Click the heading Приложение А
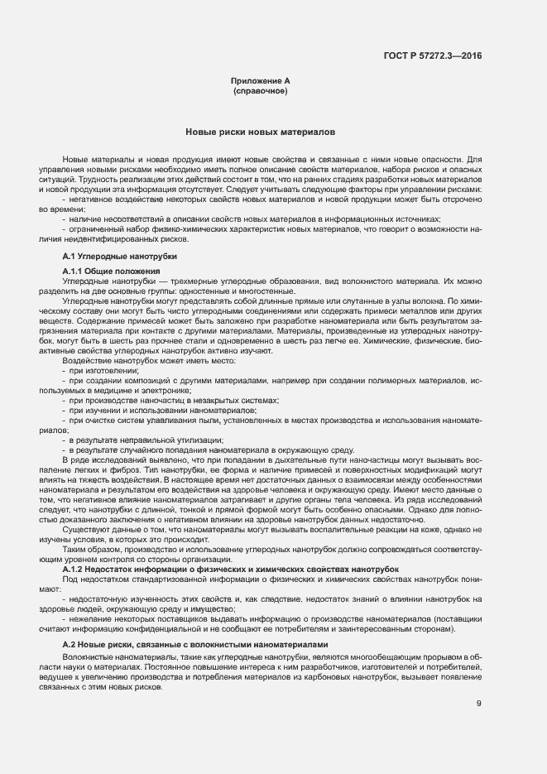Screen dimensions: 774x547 [x=260, y=80]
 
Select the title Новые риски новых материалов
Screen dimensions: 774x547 [x=260, y=132]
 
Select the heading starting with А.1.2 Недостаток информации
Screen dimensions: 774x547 [x=231, y=570]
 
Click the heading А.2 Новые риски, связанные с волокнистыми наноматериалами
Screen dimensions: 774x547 [x=195, y=644]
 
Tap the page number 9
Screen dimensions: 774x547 [x=479, y=704]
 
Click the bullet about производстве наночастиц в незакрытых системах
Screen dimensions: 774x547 [x=174, y=400]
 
